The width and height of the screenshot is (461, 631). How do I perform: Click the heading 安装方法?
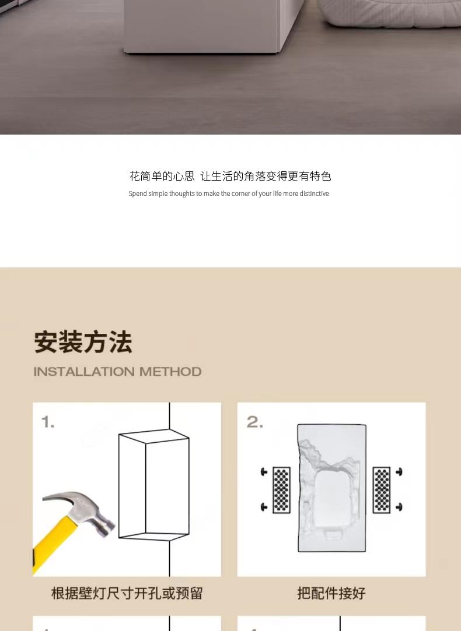click(83, 343)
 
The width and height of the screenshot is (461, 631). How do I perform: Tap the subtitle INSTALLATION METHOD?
click(117, 372)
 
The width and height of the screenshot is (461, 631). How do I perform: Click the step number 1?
click(47, 422)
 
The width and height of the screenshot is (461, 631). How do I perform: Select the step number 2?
click(254, 422)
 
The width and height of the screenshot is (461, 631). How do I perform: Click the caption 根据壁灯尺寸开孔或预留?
click(127, 593)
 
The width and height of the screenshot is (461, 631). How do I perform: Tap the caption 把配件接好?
click(331, 593)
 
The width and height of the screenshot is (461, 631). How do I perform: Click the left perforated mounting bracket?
click(281, 490)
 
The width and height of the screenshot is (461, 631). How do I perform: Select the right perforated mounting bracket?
click(381, 490)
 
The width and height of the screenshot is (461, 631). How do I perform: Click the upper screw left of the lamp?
click(264, 471)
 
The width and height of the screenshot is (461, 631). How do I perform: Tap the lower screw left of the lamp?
click(264, 507)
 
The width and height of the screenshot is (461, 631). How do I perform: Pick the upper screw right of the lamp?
click(399, 471)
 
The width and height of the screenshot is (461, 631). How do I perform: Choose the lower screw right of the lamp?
click(399, 507)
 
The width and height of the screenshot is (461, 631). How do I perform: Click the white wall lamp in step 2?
click(331, 488)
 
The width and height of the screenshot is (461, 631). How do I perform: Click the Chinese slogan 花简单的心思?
click(162, 176)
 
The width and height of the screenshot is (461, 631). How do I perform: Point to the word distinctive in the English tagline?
click(314, 193)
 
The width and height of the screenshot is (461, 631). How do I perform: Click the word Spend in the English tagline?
click(137, 194)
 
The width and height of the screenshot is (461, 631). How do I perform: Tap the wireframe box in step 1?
click(153, 485)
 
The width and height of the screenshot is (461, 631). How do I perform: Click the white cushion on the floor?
click(389, 12)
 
